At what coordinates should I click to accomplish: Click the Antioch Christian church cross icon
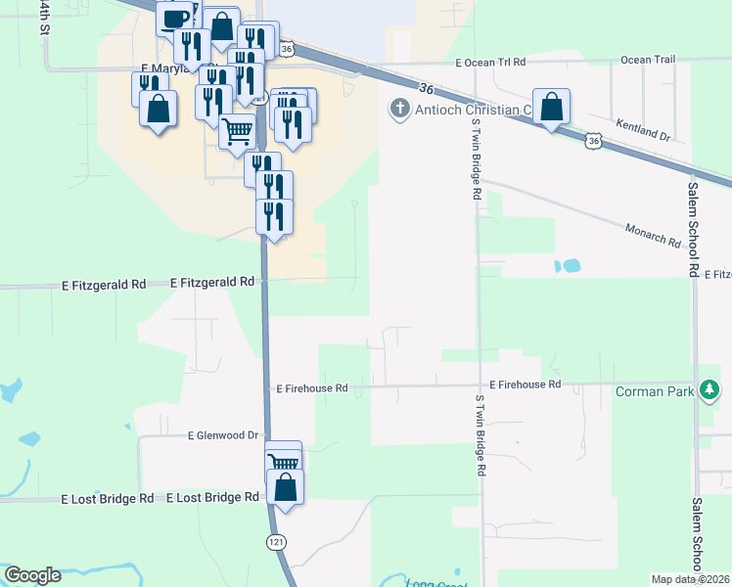(x=399, y=109)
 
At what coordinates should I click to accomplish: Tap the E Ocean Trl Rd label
(x=490, y=62)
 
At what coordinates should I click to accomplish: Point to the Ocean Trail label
(x=648, y=60)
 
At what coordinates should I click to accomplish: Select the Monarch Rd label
(x=653, y=234)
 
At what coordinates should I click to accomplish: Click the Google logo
(x=32, y=575)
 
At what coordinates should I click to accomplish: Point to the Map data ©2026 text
(x=689, y=579)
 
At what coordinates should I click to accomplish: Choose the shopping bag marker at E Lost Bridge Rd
(x=285, y=487)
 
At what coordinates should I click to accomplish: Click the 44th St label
(x=44, y=18)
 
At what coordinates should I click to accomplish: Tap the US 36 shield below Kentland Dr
(x=593, y=142)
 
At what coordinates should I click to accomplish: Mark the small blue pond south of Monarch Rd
(x=568, y=265)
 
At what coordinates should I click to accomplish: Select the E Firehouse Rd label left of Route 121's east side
(x=312, y=388)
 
